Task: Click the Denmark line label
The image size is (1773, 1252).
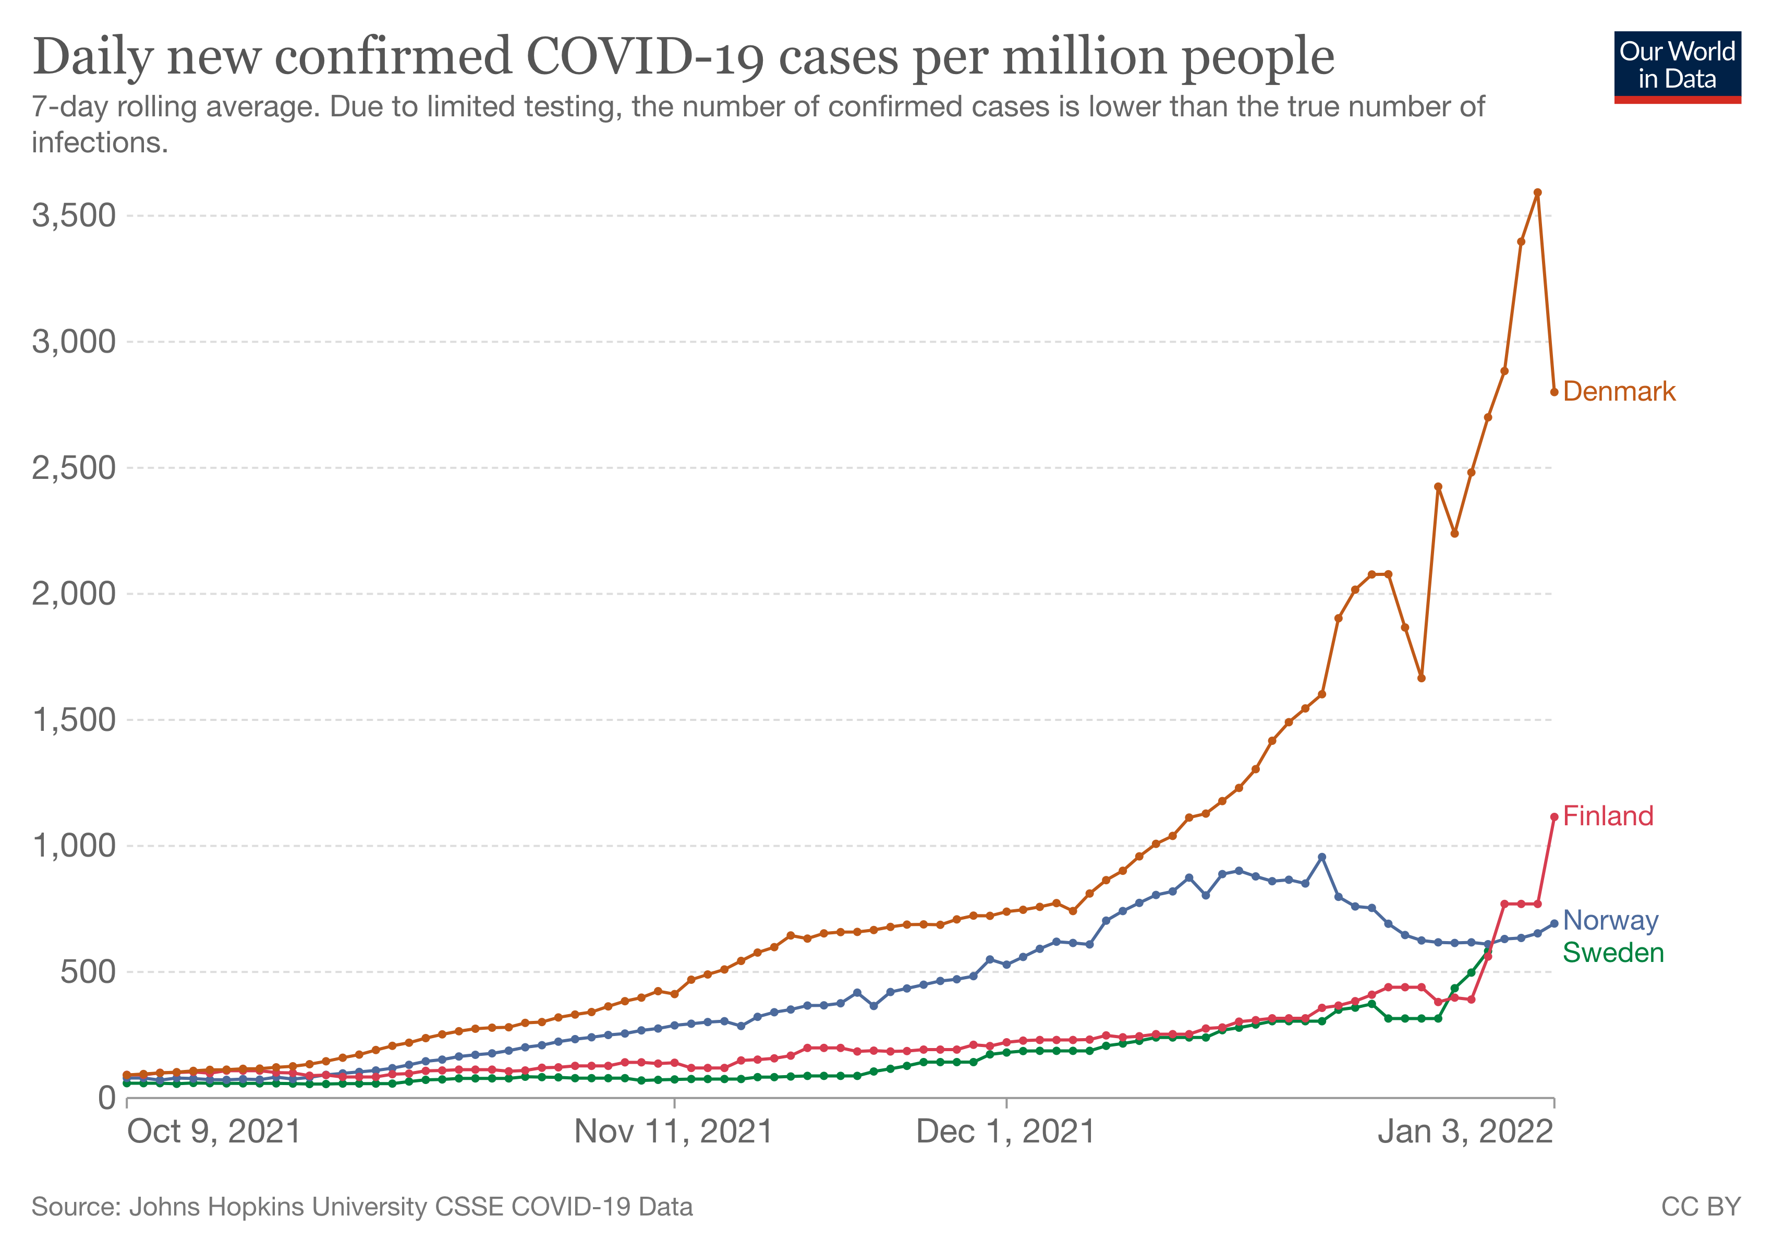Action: pos(1619,392)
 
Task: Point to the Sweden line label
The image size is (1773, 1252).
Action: pos(1613,953)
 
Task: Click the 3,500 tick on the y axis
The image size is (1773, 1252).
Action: pos(74,215)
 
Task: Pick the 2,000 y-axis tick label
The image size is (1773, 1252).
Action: pos(74,594)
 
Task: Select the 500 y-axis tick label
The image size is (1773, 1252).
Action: pos(87,972)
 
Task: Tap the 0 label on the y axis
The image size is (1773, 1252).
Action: pos(106,1098)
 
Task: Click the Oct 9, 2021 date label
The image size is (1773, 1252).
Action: pos(214,1133)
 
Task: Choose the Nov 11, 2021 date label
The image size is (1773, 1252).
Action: pos(673,1133)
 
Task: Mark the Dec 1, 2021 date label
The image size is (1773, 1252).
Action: pos(1005,1133)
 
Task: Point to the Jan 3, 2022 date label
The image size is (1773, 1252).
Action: pos(1465,1133)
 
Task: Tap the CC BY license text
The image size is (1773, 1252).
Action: pos(1701,1207)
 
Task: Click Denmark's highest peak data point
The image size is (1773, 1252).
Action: pos(1537,192)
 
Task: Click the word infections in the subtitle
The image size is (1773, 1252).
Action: pos(100,143)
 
